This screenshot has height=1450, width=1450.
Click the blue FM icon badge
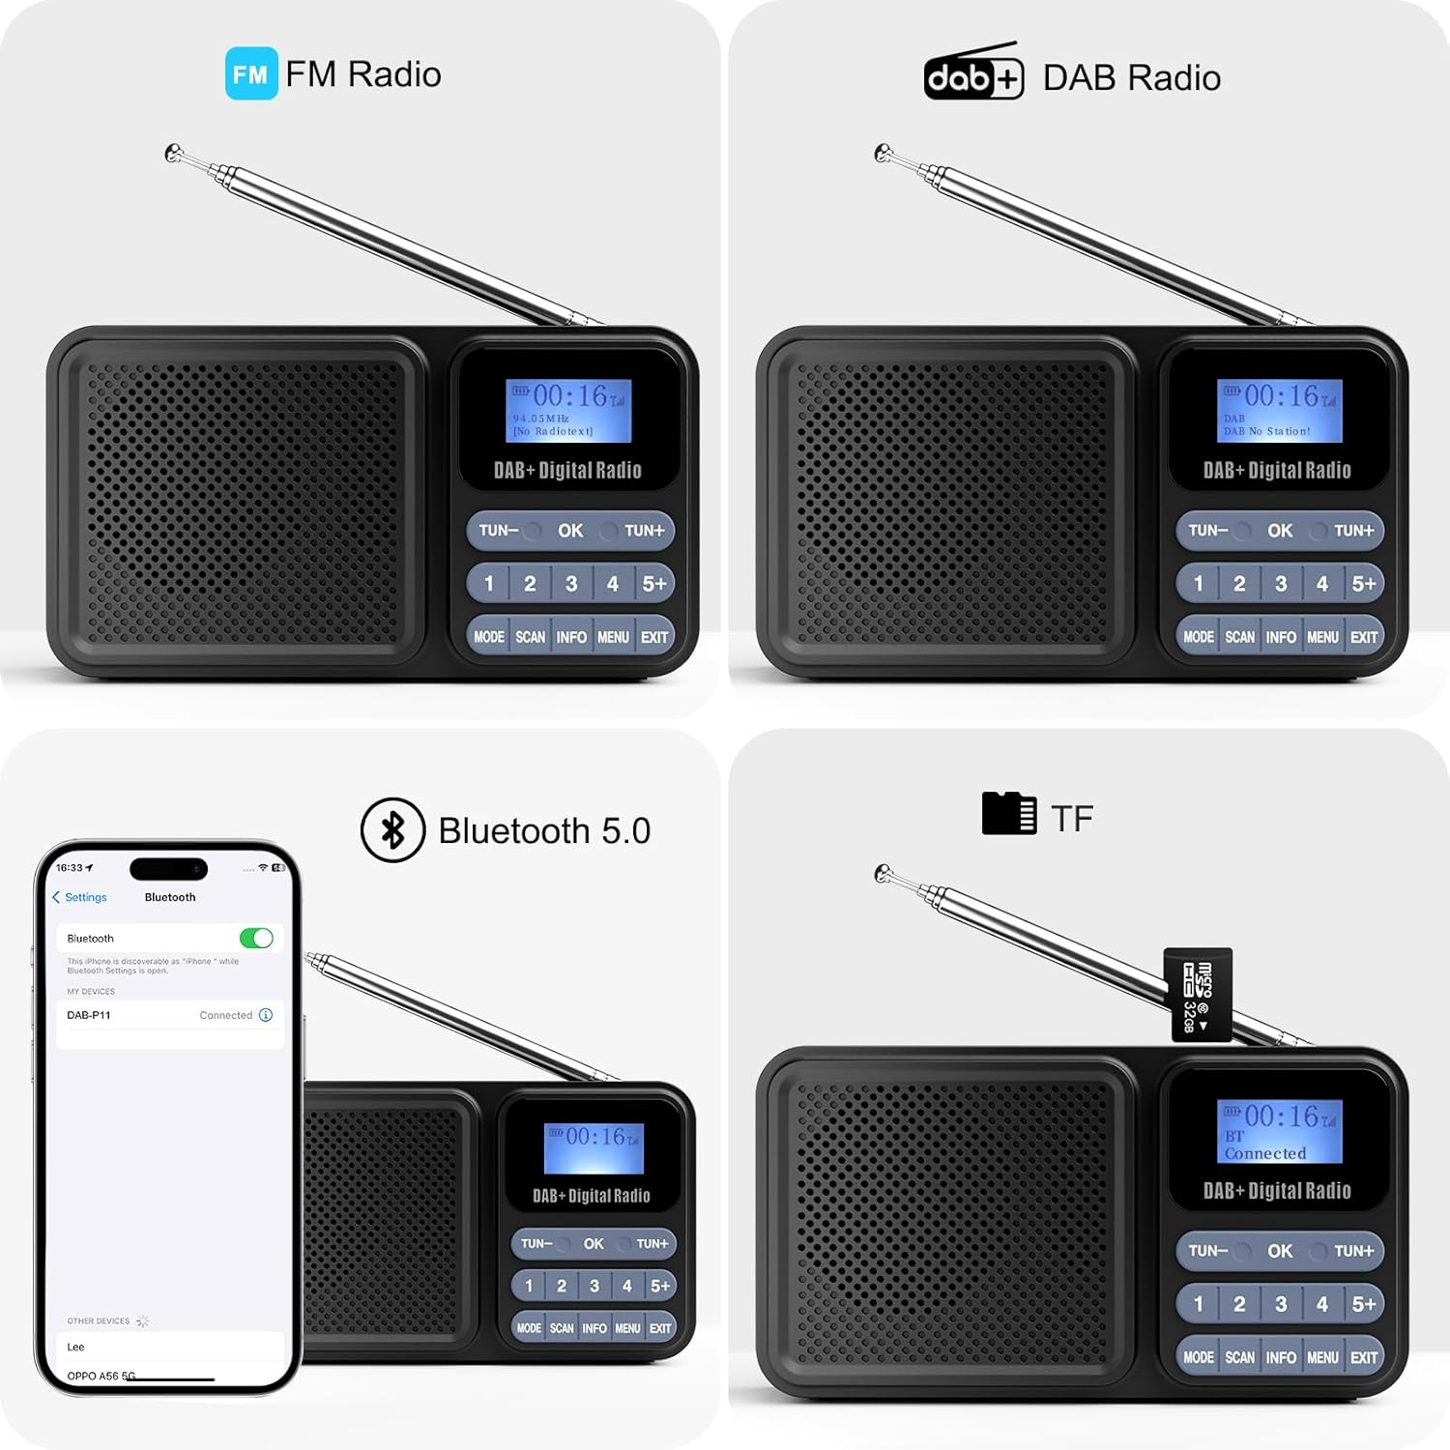(x=251, y=73)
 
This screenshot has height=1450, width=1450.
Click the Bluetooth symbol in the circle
(x=392, y=829)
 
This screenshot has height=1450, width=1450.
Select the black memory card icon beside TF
(x=1008, y=813)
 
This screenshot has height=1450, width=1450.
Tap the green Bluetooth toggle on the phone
(x=256, y=938)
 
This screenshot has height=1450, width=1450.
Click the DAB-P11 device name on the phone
(x=89, y=1015)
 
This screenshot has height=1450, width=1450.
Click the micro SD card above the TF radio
(x=1198, y=995)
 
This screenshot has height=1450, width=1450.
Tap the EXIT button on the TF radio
(x=1364, y=1357)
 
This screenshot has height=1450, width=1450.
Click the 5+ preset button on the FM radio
(x=654, y=584)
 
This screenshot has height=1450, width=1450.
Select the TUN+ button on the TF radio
(x=1353, y=1251)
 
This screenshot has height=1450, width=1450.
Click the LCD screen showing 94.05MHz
(x=568, y=411)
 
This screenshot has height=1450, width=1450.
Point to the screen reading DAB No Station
(x=1279, y=411)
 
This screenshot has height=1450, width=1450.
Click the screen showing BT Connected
(x=1279, y=1131)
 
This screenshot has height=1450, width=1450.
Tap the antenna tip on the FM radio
(x=173, y=153)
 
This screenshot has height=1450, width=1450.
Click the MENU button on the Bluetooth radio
(x=627, y=1328)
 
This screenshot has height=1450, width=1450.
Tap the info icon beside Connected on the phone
(x=266, y=1015)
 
